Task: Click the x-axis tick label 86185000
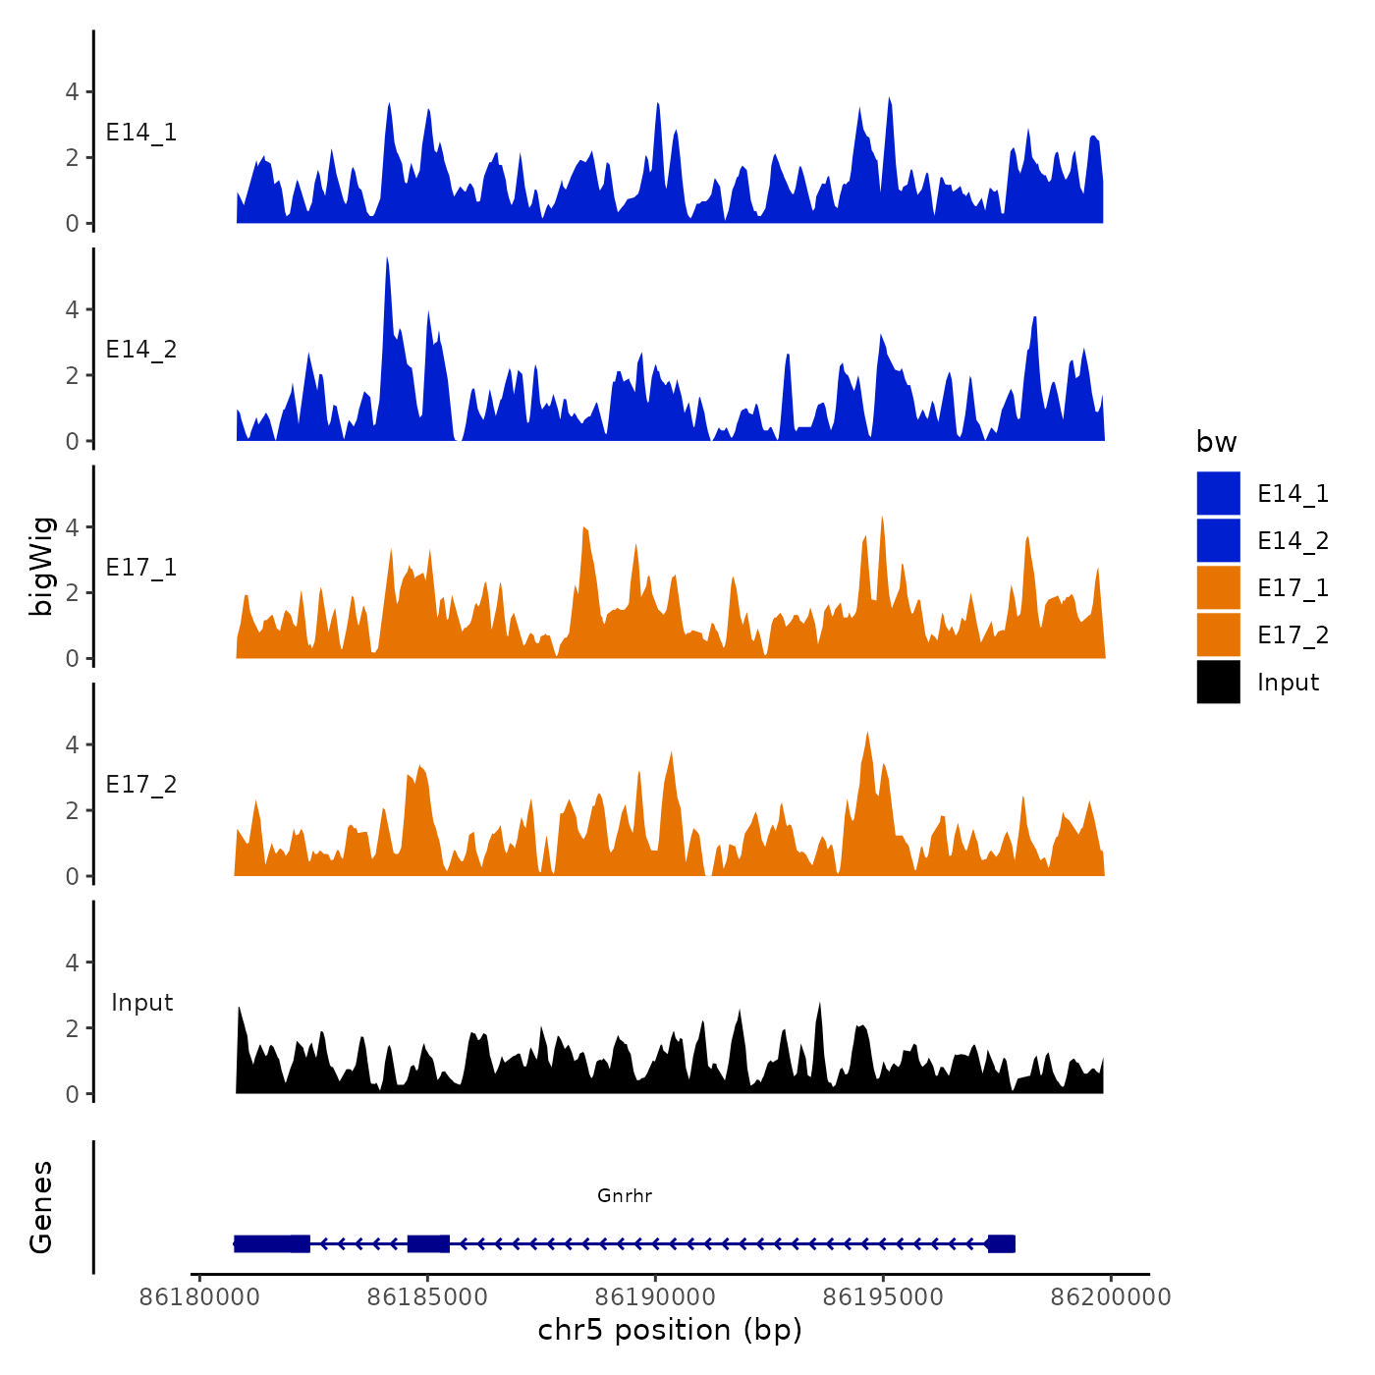pyautogui.click(x=427, y=1297)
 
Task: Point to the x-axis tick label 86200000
pyautogui.click(x=1111, y=1297)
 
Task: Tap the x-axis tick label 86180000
pyautogui.click(x=199, y=1297)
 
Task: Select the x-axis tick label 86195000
pyautogui.click(x=883, y=1297)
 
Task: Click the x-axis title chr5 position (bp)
pyautogui.click(x=670, y=1330)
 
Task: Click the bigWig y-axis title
pyautogui.click(x=41, y=566)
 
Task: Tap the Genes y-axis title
pyautogui.click(x=41, y=1207)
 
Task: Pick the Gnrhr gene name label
pyautogui.click(x=625, y=1195)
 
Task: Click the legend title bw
pyautogui.click(x=1216, y=442)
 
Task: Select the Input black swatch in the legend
pyautogui.click(x=1218, y=682)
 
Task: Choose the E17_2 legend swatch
pyautogui.click(x=1218, y=634)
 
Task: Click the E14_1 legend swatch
pyautogui.click(x=1218, y=493)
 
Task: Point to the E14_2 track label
pyautogui.click(x=141, y=350)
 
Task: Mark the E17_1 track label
pyautogui.click(x=141, y=568)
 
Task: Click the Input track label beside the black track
pyautogui.click(x=141, y=1003)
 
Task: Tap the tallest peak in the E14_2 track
pyautogui.click(x=387, y=259)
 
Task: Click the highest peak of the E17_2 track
pyautogui.click(x=867, y=734)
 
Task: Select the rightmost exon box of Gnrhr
pyautogui.click(x=1001, y=1243)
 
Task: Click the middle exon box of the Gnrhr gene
pyautogui.click(x=428, y=1243)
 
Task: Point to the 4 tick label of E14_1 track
pyautogui.click(x=72, y=92)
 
